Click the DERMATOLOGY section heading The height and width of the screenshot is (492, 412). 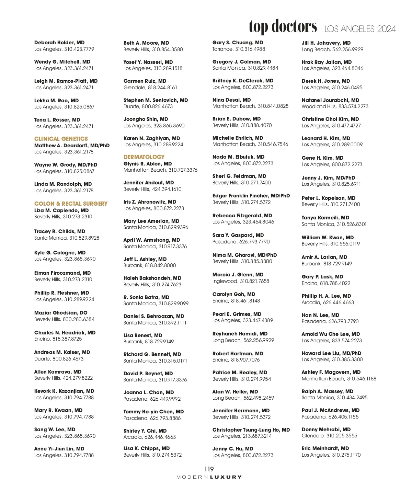pyautogui.click(x=144, y=157)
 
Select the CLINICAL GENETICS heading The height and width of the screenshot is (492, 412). pyautogui.click(x=61, y=139)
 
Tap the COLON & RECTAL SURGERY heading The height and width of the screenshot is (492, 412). pyautogui.click(x=71, y=204)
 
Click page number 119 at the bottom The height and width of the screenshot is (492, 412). pyautogui.click(x=209, y=469)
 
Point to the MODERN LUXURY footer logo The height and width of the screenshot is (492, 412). pyautogui.click(x=209, y=477)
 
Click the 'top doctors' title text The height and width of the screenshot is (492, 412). pyautogui.click(x=283, y=26)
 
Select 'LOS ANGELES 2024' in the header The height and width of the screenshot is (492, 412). pyautogui.click(x=360, y=29)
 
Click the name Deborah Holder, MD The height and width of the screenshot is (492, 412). pyautogui.click(x=59, y=43)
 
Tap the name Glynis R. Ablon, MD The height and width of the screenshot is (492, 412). pyautogui.click(x=148, y=164)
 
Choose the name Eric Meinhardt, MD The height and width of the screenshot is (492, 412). pyautogui.click(x=325, y=448)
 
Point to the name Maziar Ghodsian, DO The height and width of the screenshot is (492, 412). pyautogui.click(x=61, y=313)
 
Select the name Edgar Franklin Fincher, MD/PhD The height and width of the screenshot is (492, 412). pyautogui.click(x=251, y=196)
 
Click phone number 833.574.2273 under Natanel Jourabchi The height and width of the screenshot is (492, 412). pyautogui.click(x=353, y=106)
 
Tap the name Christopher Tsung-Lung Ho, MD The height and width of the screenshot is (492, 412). pyautogui.click(x=251, y=430)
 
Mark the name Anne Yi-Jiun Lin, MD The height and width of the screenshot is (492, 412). pyautogui.click(x=59, y=449)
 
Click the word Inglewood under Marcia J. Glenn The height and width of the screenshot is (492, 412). pyautogui.click(x=225, y=281)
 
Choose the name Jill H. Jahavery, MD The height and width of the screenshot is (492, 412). pyautogui.click(x=326, y=43)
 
